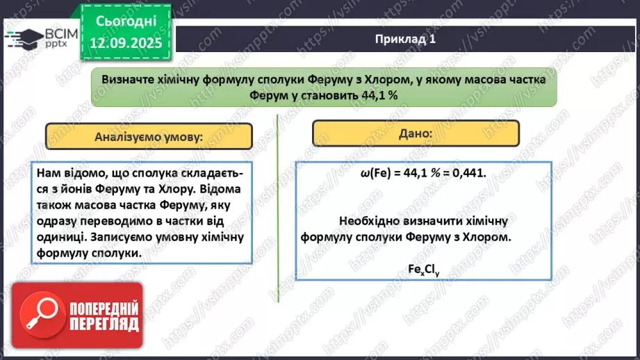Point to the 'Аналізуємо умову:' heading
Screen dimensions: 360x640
click(149, 136)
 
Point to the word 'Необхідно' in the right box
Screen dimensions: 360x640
click(366, 220)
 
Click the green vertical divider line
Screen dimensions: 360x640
click(278, 208)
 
